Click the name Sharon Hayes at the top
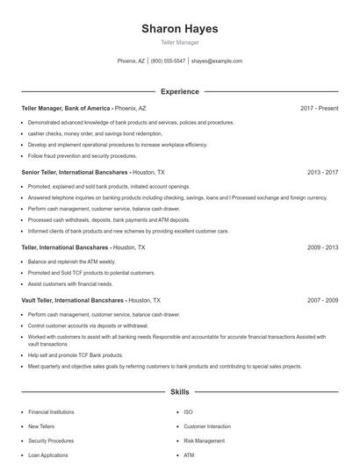pyautogui.click(x=179, y=29)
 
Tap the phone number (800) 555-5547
pyautogui.click(x=168, y=61)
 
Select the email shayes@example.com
pyautogui.click(x=216, y=61)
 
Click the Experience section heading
pyautogui.click(x=179, y=91)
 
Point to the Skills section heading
pyautogui.click(x=179, y=391)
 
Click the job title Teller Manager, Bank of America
pyautogui.click(x=66, y=108)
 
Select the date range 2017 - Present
pyautogui.click(x=319, y=108)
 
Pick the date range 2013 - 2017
pyautogui.click(x=322, y=173)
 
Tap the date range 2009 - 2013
pyautogui.click(x=322, y=247)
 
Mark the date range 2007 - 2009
pyautogui.click(x=322, y=300)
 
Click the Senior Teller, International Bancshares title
pyautogui.click(x=76, y=173)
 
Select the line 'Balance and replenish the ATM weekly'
pyautogui.click(x=71, y=261)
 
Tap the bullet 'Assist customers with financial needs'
pyautogui.click(x=70, y=284)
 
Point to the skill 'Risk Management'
pyautogui.click(x=204, y=440)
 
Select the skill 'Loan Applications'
pyautogui.click(x=49, y=455)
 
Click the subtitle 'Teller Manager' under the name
pyautogui.click(x=179, y=42)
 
